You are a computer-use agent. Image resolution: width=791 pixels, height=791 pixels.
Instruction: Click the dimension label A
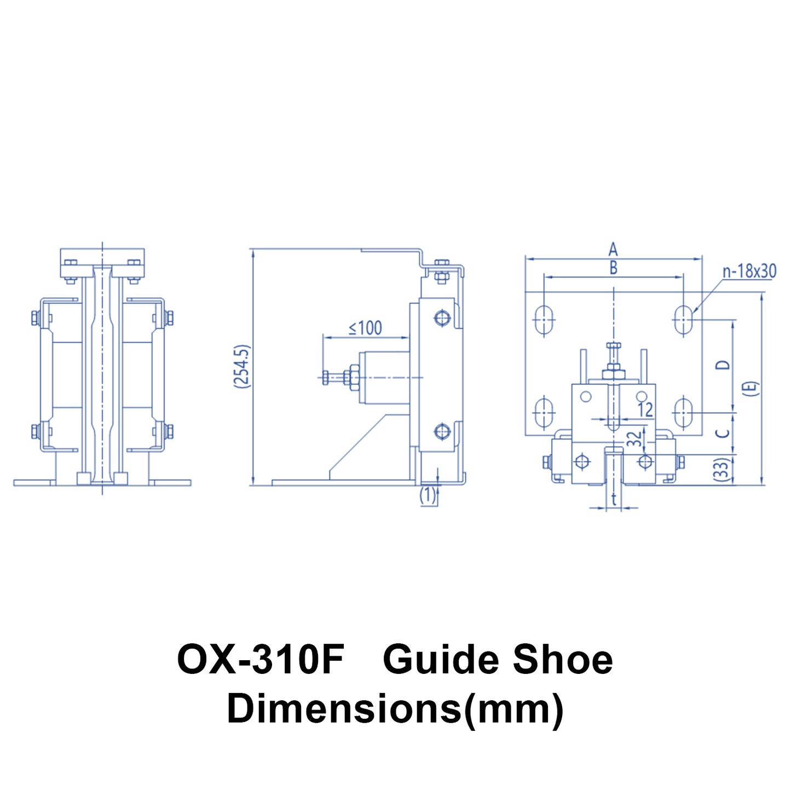tap(613, 250)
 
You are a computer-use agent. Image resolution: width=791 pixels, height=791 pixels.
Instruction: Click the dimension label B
tap(613, 268)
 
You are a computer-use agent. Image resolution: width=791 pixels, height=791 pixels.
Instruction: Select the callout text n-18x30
tap(749, 272)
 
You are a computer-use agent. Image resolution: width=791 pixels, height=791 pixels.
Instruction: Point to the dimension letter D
tap(724, 365)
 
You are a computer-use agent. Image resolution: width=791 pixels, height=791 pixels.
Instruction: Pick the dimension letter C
tap(724, 433)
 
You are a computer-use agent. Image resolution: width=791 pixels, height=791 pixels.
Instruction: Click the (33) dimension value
tap(724, 470)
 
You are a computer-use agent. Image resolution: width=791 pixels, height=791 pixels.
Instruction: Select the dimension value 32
tap(634, 438)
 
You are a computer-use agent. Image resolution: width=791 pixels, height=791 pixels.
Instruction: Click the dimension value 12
tap(645, 409)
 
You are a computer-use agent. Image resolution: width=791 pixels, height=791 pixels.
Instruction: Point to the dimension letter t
tap(614, 499)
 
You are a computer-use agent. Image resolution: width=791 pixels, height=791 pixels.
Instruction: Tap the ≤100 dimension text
tap(366, 328)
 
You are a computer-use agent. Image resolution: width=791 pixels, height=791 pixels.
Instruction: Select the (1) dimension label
tap(428, 495)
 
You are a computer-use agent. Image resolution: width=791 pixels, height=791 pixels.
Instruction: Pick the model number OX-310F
tap(261, 660)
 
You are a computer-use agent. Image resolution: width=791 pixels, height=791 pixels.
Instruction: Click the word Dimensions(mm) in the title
tap(395, 708)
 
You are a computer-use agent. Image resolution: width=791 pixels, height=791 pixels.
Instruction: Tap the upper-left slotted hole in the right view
tap(544, 319)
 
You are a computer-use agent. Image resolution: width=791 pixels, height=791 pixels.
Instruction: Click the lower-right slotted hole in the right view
tap(683, 413)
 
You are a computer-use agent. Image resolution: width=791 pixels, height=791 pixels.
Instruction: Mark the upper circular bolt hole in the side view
tap(442, 317)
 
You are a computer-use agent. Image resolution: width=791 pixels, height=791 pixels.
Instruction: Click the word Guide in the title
tap(441, 660)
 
